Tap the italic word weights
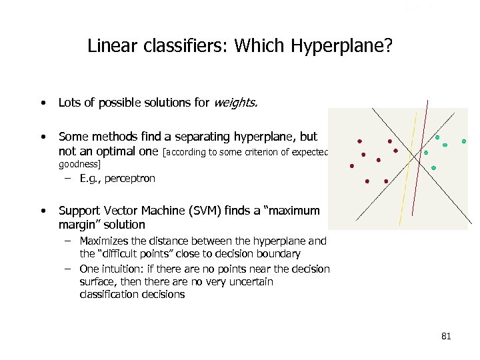(x=235, y=103)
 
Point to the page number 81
(x=446, y=336)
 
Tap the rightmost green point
(x=464, y=141)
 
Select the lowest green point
(x=433, y=168)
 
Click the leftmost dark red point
(x=352, y=166)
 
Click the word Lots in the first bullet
(x=70, y=103)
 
